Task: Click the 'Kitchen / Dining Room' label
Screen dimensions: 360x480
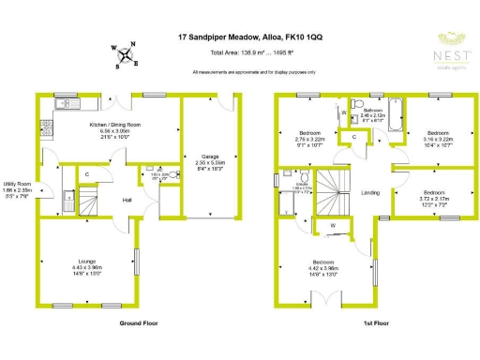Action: point(114,125)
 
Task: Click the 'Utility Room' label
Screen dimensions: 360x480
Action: point(18,184)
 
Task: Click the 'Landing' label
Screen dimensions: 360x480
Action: point(368,193)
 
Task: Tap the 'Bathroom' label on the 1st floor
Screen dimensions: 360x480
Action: point(372,111)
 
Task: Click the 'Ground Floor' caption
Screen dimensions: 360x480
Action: point(138,322)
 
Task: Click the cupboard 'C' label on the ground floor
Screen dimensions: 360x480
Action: point(86,175)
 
